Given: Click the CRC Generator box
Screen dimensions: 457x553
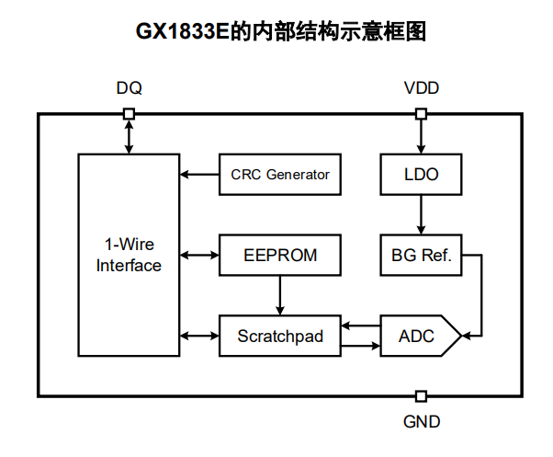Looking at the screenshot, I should tap(280, 175).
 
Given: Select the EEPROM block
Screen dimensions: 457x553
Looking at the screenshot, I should tap(280, 255).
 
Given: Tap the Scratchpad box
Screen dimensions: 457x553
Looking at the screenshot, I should tap(280, 336).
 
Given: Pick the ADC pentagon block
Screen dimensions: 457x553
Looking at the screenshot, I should tap(418, 336).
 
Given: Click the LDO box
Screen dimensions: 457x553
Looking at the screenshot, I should tap(421, 175).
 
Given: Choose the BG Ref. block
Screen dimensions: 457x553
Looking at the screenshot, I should tap(421, 255).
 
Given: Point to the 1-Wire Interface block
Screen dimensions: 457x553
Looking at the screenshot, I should tap(129, 255).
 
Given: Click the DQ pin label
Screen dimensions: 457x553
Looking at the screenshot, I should tap(129, 89).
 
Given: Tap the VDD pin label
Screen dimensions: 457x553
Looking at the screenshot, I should tap(422, 89).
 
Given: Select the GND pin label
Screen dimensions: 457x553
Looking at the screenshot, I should tap(422, 422).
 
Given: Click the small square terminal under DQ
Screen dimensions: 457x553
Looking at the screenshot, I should tap(129, 114).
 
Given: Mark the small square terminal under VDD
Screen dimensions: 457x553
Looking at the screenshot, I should tap(422, 114).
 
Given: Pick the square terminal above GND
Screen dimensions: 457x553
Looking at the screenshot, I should tap(422, 396).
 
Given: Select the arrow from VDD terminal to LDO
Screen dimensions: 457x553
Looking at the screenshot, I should tap(422, 136).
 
